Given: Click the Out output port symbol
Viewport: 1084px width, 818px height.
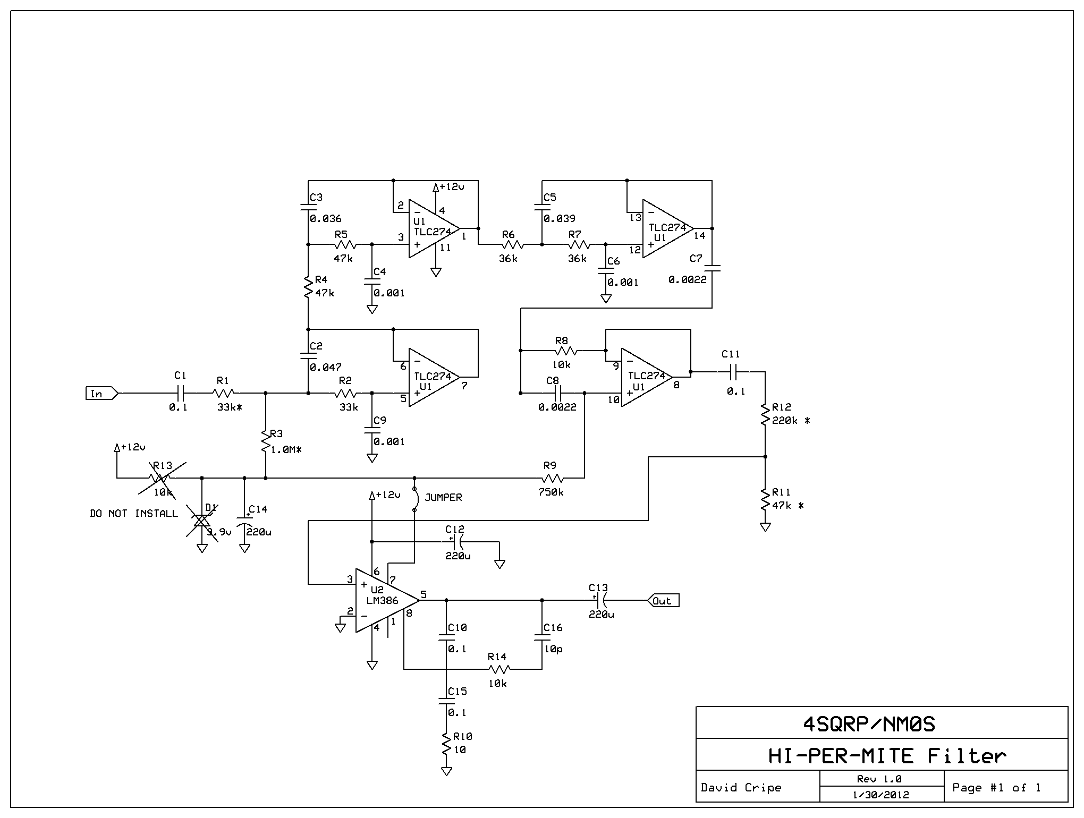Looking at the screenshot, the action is (663, 600).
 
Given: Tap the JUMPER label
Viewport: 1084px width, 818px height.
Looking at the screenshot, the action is (443, 497).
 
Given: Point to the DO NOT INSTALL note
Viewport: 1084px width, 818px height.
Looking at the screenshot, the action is (134, 513).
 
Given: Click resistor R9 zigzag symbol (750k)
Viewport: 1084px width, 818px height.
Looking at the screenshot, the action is (553, 478).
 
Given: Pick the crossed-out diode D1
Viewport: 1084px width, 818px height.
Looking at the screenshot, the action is (202, 521).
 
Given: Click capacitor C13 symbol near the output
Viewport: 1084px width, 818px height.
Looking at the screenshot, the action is (600, 600).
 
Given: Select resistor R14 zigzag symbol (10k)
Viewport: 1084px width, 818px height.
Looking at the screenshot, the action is (499, 669).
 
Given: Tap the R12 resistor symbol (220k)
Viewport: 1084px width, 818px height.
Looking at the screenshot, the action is (765, 414).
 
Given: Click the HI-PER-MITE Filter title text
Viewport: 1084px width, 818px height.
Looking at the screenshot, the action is (887, 755).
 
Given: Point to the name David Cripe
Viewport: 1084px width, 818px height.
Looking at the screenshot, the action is (741, 787).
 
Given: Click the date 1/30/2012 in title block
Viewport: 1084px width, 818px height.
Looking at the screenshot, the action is (880, 795).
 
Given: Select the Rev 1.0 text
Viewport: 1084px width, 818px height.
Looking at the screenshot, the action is (879, 779).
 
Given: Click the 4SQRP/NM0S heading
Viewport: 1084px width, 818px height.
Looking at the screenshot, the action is (869, 723).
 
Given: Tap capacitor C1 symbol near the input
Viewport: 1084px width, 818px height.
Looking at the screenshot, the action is (181, 393).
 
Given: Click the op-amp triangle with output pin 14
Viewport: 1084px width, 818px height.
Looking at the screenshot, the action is (668, 228).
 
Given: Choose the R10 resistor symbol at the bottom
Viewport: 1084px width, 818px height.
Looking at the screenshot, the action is (446, 744).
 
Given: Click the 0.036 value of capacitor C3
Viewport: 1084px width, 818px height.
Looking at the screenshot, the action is (326, 218).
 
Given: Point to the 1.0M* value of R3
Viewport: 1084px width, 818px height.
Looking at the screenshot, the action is (286, 449).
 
